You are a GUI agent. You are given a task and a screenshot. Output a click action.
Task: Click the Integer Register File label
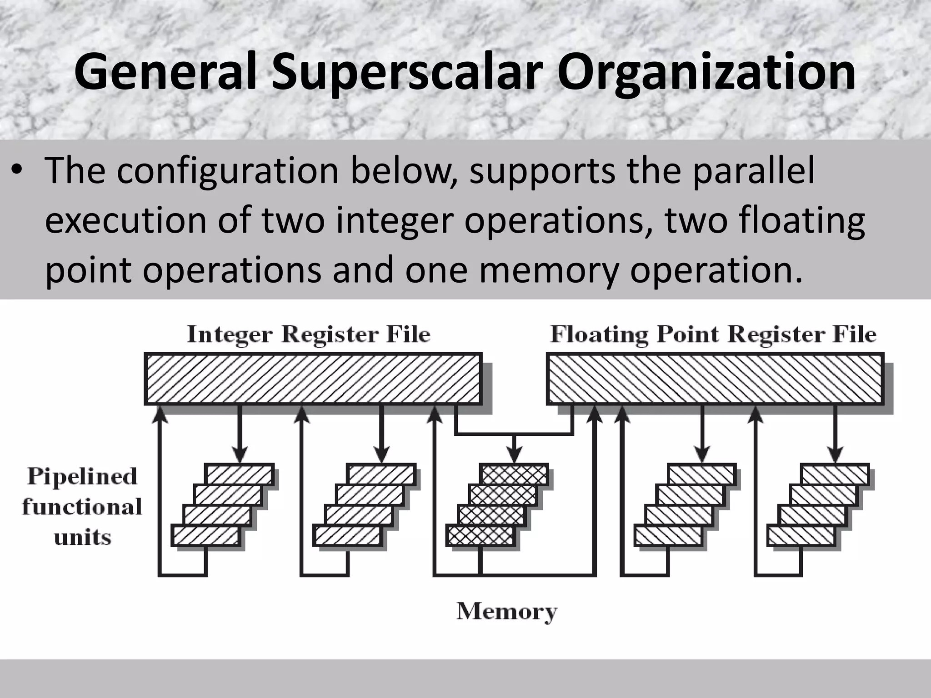[308, 335]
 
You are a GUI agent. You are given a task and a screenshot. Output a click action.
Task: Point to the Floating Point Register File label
[713, 335]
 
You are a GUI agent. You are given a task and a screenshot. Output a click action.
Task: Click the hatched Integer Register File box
[313, 379]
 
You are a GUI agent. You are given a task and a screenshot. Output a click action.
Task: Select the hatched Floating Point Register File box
[715, 379]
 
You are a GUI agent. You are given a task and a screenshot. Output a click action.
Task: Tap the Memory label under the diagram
[506, 612]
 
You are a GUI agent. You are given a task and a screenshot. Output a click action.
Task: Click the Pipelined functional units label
[82, 506]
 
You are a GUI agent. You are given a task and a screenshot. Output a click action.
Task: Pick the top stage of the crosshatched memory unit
[514, 474]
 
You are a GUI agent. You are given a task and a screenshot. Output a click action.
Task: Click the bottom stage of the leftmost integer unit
[205, 536]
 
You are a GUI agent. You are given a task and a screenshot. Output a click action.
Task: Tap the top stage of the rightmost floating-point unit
[835, 474]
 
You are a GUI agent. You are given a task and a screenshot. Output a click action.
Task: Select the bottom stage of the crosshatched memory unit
[480, 536]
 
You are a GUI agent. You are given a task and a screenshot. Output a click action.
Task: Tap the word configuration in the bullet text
[227, 171]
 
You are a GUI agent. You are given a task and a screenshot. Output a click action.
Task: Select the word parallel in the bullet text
[754, 171]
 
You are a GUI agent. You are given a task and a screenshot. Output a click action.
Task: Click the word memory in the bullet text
[549, 270]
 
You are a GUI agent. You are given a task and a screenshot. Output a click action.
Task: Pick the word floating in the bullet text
[801, 220]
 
